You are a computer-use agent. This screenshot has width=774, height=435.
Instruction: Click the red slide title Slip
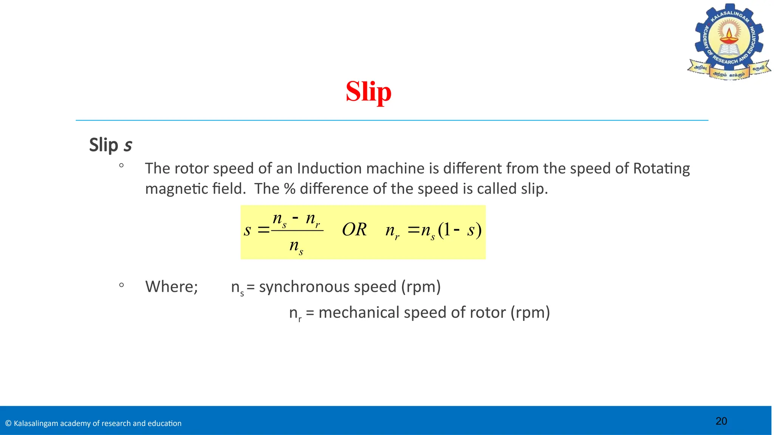click(368, 92)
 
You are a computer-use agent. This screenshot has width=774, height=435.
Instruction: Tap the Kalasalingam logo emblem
click(729, 42)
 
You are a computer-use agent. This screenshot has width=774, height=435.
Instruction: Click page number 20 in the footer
click(721, 421)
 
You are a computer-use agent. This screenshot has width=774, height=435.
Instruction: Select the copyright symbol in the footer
click(8, 423)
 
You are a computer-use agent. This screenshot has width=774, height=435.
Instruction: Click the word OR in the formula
click(354, 230)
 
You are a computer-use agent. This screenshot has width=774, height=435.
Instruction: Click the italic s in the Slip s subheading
click(128, 145)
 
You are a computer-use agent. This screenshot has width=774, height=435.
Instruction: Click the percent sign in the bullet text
click(289, 189)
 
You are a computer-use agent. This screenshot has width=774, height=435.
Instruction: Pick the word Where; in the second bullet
click(172, 287)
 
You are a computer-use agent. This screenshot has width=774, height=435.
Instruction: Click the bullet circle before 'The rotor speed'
click(121, 165)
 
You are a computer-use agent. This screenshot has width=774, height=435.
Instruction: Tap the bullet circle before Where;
click(121, 285)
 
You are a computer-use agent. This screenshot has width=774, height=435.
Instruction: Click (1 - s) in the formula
click(460, 230)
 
